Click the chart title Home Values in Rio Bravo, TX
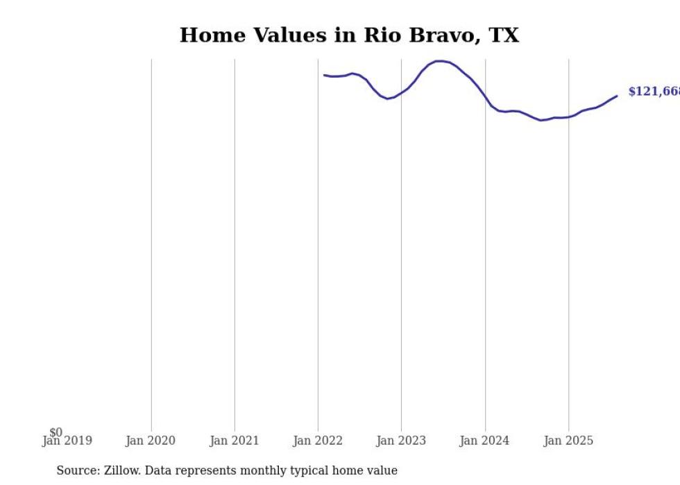point(349,35)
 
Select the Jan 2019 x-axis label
point(67,441)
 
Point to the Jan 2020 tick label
point(151,441)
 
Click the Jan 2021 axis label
point(234,441)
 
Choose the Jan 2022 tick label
point(318,441)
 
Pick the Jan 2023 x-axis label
point(401,441)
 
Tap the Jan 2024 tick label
point(484,441)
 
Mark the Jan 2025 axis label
point(568,441)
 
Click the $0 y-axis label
point(56,432)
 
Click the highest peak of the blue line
point(439,61)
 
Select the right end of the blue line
point(616,96)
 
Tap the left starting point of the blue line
point(324,75)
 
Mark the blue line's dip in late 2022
point(388,99)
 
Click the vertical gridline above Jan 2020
point(151,243)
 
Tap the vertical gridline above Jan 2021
point(235,243)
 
